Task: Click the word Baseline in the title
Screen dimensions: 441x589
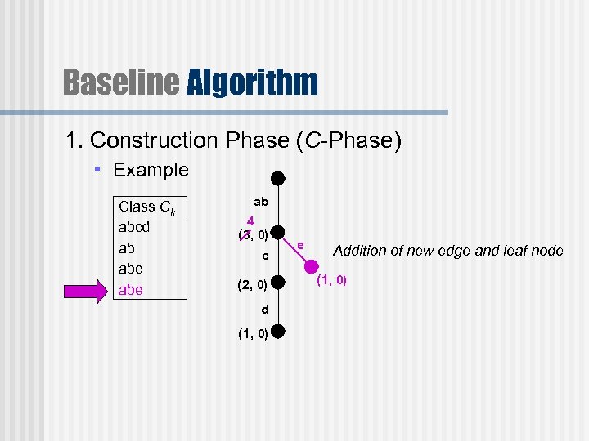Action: click(121, 82)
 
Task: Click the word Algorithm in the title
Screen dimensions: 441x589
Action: click(252, 82)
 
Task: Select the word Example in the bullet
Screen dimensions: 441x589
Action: click(151, 170)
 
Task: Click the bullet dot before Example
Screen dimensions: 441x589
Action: click(97, 171)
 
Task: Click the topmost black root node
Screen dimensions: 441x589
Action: click(278, 178)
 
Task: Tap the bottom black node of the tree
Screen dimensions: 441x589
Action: click(278, 332)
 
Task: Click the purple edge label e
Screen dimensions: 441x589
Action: click(301, 245)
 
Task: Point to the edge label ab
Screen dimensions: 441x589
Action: click(261, 201)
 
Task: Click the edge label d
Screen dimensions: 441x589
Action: click(264, 310)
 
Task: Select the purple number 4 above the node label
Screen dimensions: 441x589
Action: click(252, 220)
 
